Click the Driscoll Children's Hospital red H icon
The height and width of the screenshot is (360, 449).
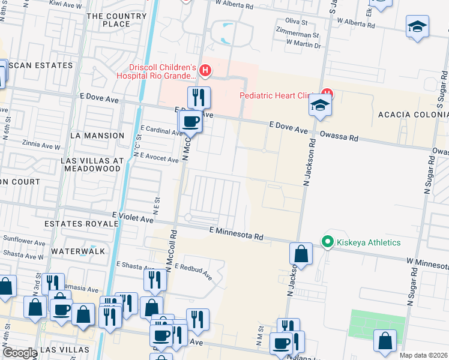coord(206,71)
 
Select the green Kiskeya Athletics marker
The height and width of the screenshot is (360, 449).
coord(327,242)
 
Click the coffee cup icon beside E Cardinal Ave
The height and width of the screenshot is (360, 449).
coord(191,122)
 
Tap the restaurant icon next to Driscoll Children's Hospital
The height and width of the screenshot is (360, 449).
coord(198,97)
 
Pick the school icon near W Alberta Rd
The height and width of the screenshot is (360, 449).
coord(417,28)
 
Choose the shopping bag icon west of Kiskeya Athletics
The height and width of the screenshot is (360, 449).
coord(301,254)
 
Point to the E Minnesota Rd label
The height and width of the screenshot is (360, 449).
coord(237,233)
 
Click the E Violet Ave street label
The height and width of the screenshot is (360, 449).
coord(132,220)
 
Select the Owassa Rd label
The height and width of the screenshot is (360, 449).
coord(339,136)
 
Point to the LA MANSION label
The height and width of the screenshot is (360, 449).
coord(97,136)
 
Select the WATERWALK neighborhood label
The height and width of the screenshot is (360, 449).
coord(77,251)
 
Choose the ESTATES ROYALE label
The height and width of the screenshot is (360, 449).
coord(81,224)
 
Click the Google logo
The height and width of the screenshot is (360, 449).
coord(20,353)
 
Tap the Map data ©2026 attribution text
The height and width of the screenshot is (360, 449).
coord(423,355)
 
